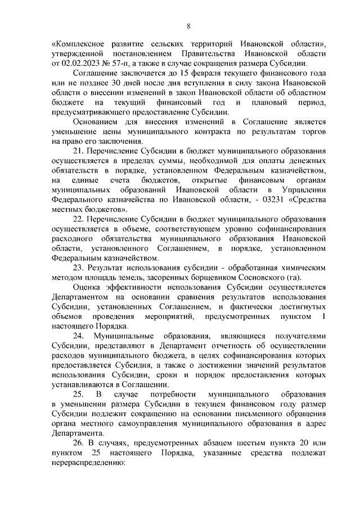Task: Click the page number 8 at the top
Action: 188,25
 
